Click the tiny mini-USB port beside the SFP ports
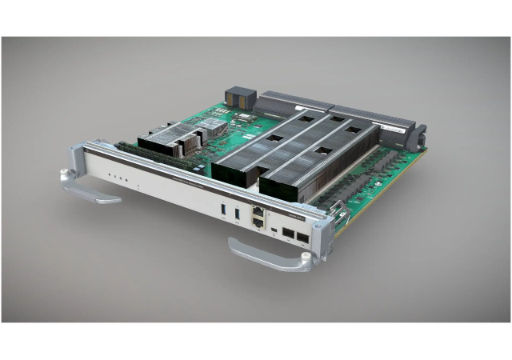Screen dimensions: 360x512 pyautogui.click(x=274, y=231)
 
